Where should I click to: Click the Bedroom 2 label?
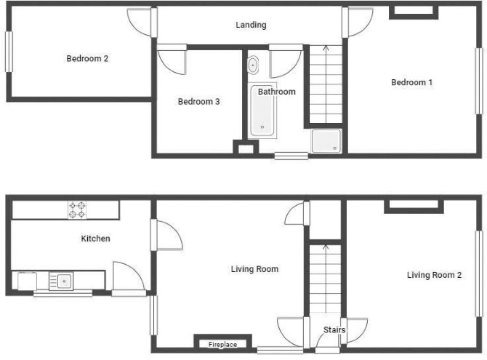pos(87,58)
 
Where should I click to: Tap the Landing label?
pos(251,25)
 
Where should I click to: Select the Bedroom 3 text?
pos(198,101)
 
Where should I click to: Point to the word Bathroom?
pos(277,92)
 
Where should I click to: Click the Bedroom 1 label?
pos(412,82)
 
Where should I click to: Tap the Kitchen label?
pos(95,239)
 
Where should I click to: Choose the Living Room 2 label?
pos(434,275)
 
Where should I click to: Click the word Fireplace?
pos(222,345)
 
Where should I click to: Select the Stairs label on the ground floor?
pos(334,330)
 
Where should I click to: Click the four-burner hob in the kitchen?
pos(77,210)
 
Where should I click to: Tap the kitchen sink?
pos(61,281)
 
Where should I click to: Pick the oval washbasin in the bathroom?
pos(253,65)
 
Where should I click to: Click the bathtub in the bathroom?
pos(262,111)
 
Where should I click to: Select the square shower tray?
pos(326,141)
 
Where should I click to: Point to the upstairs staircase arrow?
pos(326,84)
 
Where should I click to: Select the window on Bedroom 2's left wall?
pos(9,52)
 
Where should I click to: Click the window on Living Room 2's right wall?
pos(479,273)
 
